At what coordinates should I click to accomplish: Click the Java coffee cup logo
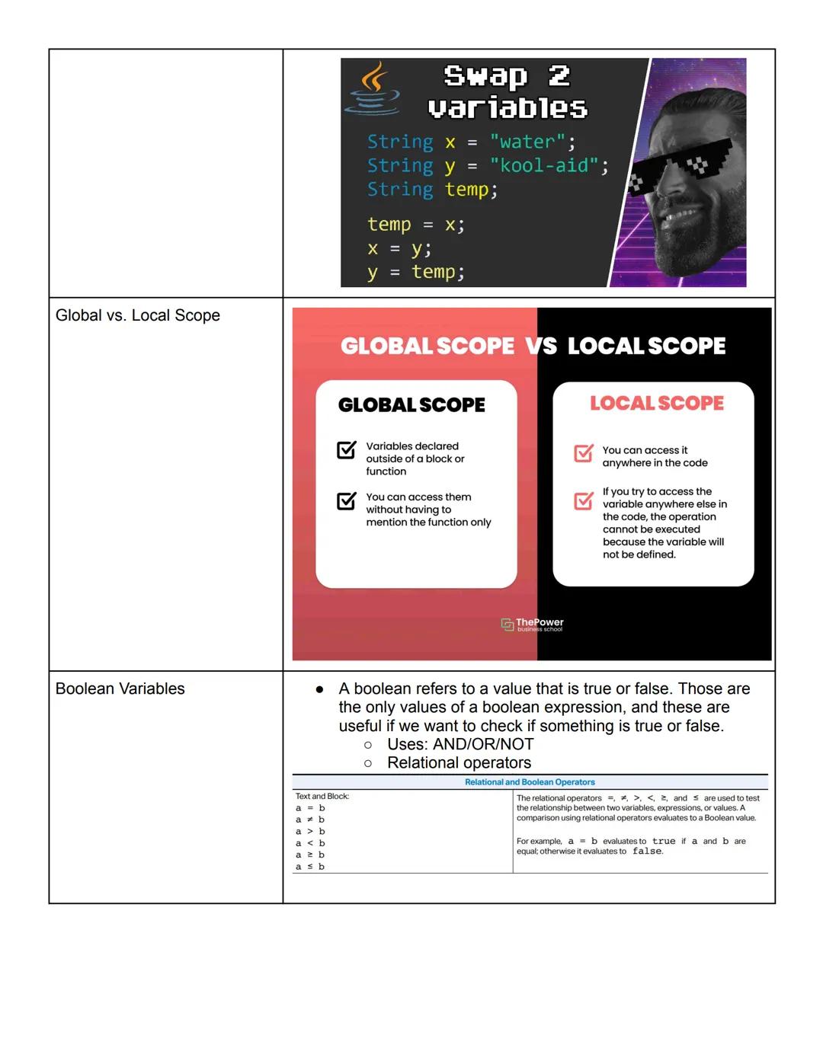click(x=373, y=88)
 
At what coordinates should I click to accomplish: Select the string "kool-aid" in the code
click(x=544, y=165)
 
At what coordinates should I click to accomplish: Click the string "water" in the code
click(x=527, y=142)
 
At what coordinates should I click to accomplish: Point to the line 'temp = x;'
click(x=415, y=225)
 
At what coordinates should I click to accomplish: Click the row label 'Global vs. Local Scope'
click(x=138, y=315)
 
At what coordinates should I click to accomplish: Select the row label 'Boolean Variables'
click(x=120, y=689)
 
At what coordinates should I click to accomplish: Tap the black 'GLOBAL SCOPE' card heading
click(x=411, y=405)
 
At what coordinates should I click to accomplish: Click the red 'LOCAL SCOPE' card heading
click(x=657, y=403)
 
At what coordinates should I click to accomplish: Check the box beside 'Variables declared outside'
click(x=347, y=450)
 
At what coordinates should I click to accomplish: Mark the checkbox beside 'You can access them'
click(x=347, y=500)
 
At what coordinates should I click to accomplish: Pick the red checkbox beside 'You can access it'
click(x=584, y=453)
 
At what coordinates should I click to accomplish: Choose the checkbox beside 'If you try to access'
click(x=584, y=500)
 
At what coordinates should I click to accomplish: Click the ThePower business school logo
click(x=532, y=625)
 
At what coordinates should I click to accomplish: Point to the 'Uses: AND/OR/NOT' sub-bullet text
click(x=460, y=744)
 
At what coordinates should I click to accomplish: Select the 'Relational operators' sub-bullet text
click(x=459, y=762)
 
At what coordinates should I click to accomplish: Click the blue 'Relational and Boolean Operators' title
click(x=530, y=782)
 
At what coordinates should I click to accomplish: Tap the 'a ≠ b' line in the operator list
click(x=310, y=820)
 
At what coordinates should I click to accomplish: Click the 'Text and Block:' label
click(x=322, y=796)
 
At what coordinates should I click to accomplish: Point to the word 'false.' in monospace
click(x=648, y=852)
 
